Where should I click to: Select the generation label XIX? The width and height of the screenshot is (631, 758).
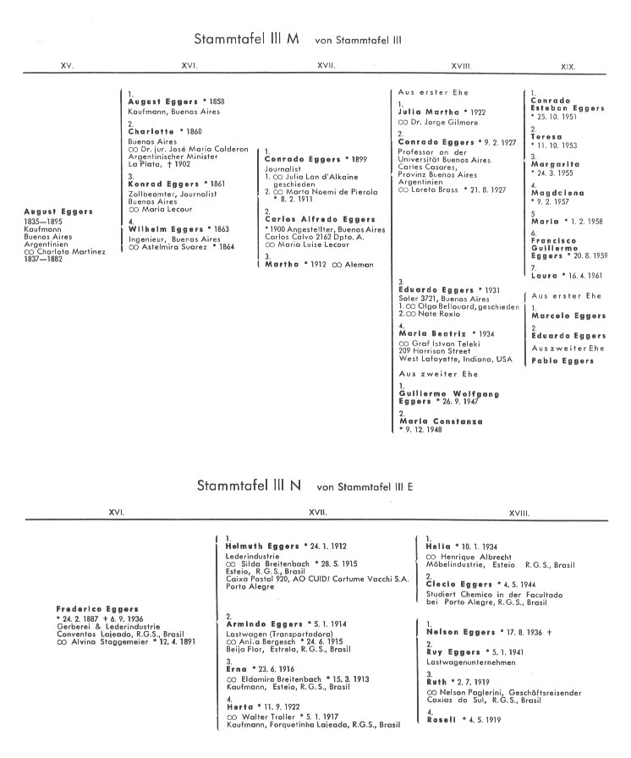tap(569, 65)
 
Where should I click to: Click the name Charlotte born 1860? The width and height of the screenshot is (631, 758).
tap(151, 131)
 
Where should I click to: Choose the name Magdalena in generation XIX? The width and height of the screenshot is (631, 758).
tap(557, 193)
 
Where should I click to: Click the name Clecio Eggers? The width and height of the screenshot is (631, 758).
tap(458, 584)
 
